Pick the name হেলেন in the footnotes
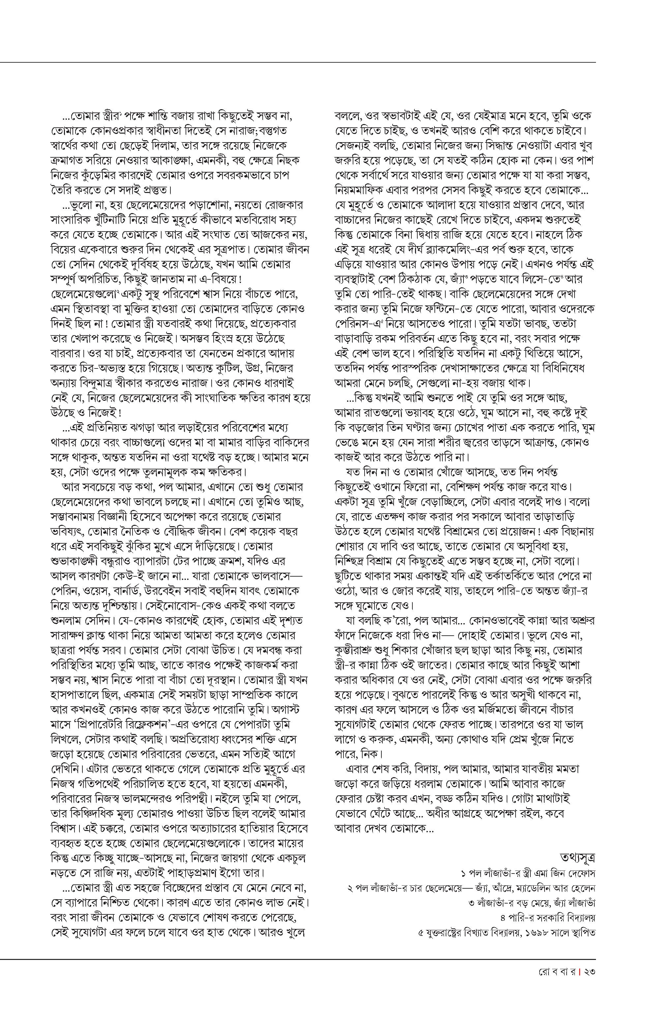584,887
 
